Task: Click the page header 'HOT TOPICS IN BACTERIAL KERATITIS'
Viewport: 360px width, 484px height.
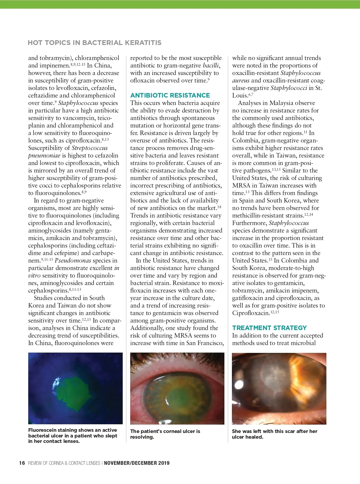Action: [94, 43]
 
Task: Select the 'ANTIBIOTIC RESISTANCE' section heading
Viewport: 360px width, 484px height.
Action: [170, 95]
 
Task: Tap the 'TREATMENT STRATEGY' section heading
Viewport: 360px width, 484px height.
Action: [269, 328]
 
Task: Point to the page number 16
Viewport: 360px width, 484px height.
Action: [22, 463]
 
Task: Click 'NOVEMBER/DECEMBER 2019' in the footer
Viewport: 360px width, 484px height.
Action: [137, 463]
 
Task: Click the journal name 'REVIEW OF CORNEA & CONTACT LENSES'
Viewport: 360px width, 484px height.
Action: [64, 463]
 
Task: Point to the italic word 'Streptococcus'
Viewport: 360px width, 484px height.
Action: [89, 148]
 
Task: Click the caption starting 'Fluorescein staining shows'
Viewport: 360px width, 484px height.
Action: [73, 435]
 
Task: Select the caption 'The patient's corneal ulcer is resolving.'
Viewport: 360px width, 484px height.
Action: [165, 434]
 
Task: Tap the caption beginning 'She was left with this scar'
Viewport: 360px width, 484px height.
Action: [274, 434]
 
